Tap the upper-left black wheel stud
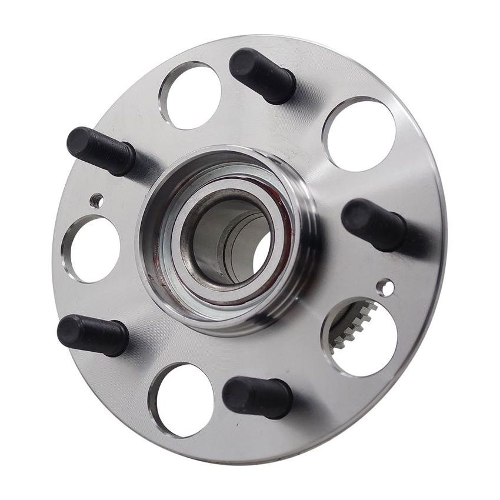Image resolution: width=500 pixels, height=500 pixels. [102, 151]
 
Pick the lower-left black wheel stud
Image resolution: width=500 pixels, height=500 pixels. [93, 335]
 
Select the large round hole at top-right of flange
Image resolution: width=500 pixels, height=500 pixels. [359, 135]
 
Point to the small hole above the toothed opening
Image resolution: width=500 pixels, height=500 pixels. [385, 287]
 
